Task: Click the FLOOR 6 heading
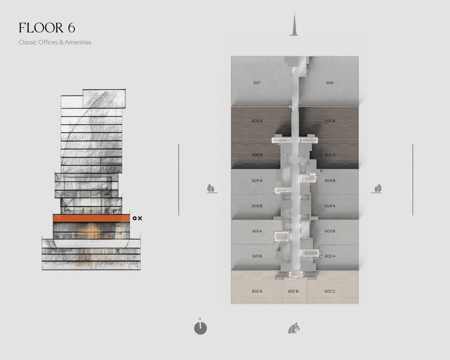(47, 28)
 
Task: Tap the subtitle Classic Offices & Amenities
(55, 42)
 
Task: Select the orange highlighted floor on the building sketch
(91, 218)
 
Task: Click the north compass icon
(200, 328)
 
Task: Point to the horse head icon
(294, 328)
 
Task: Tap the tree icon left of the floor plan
(211, 189)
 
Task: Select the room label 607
(257, 83)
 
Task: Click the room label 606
(330, 83)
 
